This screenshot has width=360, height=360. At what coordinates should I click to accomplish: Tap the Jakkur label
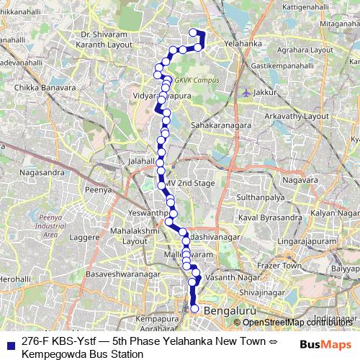266,93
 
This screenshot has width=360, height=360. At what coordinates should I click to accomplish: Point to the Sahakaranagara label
220,125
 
